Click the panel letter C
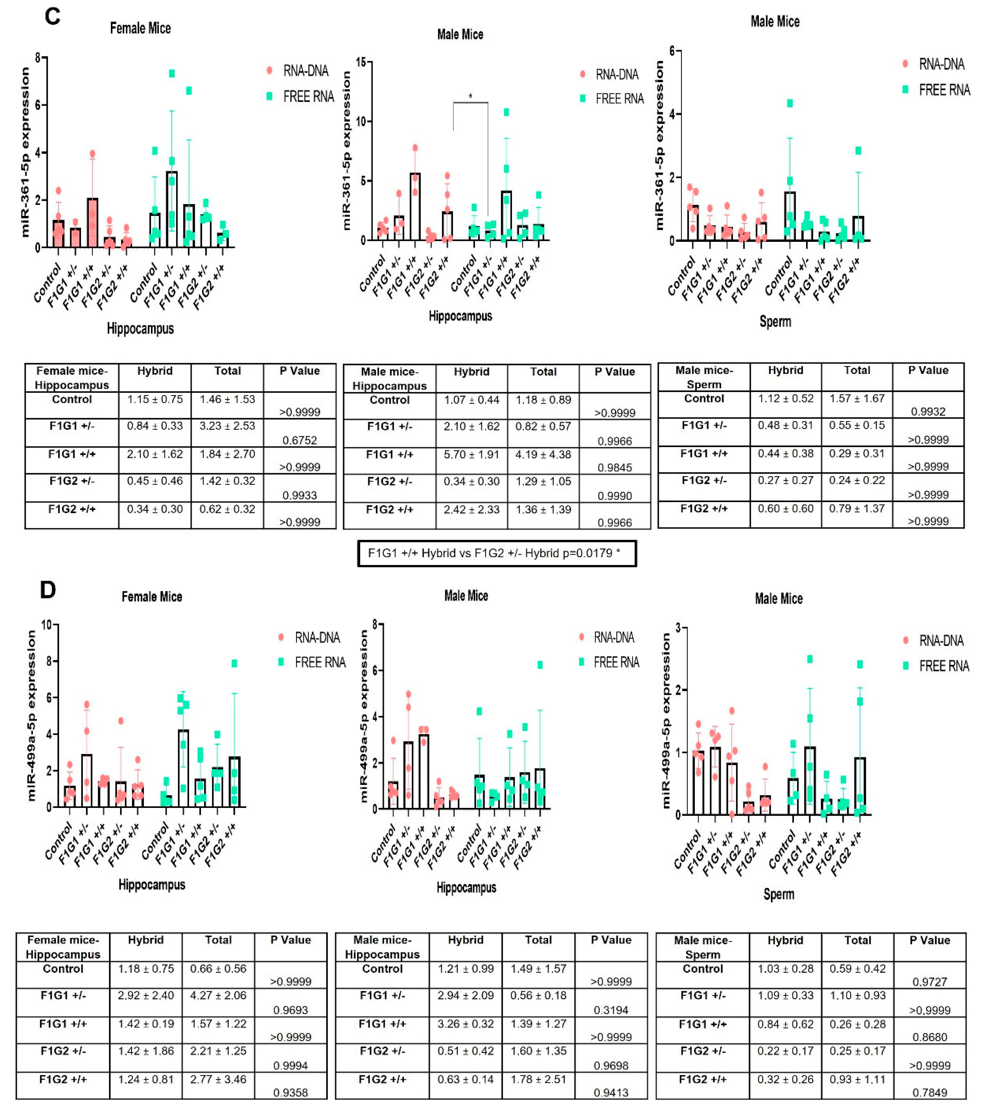52,16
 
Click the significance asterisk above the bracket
470,97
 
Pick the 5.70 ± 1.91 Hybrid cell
471,455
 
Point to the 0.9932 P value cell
928,411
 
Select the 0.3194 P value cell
611,1010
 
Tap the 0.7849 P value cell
929,1092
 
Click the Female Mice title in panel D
152,596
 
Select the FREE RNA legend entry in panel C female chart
308,97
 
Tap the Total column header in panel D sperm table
857,940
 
